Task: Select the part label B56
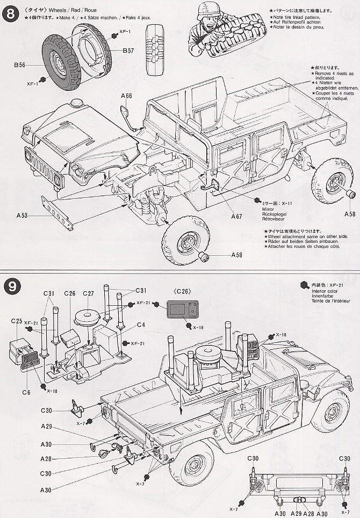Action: (20, 67)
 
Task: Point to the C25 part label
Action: (16, 321)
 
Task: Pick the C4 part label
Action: (141, 325)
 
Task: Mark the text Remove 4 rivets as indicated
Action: (334, 76)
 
